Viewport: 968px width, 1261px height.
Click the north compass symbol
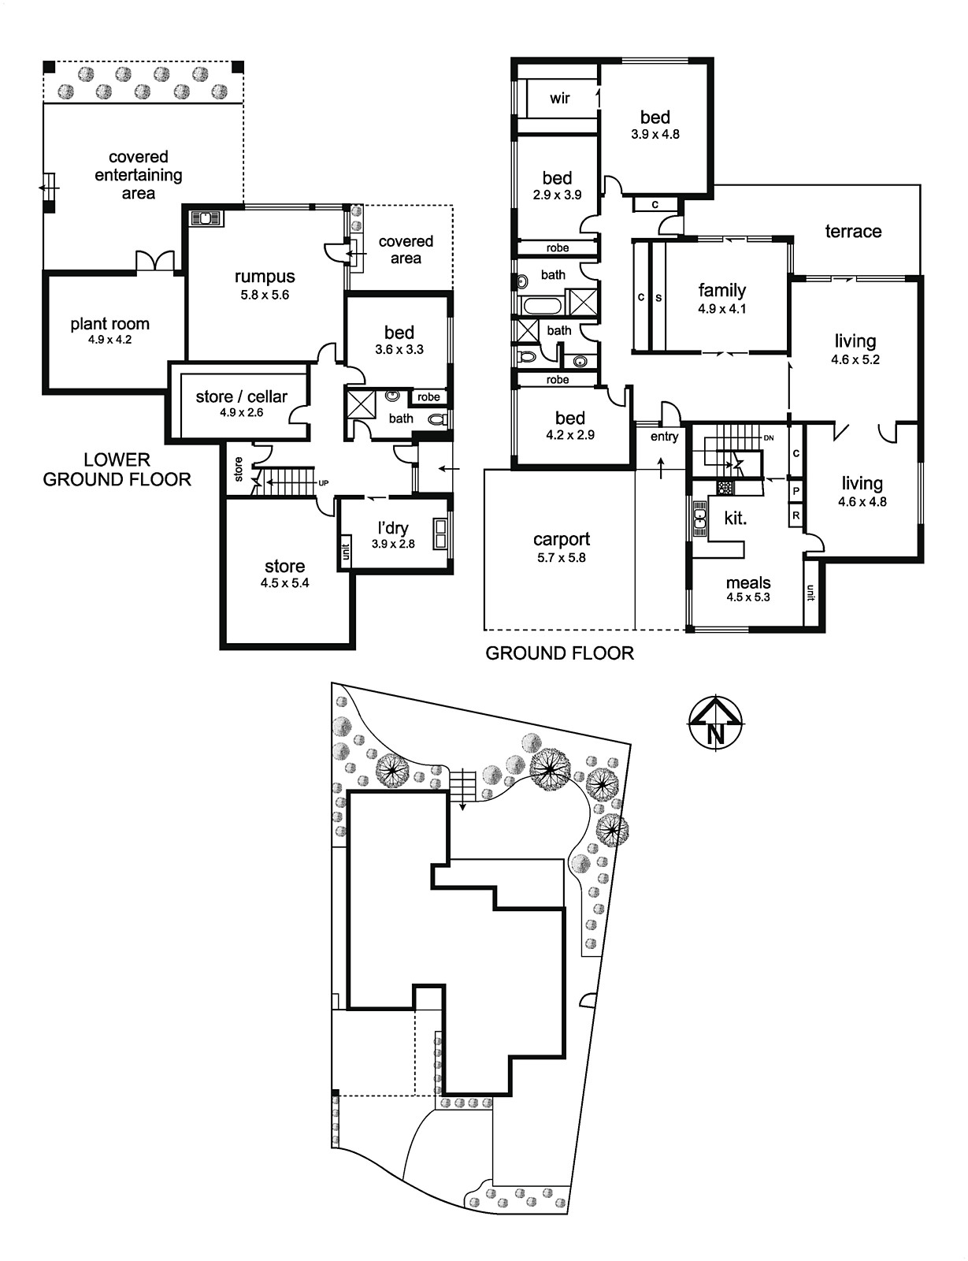716,723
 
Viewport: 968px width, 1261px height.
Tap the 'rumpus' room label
265,277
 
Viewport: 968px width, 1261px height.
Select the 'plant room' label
109,324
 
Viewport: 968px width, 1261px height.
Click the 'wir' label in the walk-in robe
560,98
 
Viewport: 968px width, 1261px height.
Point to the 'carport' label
562,540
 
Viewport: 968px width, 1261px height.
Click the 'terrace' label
853,232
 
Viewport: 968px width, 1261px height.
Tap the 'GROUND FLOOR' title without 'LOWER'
560,653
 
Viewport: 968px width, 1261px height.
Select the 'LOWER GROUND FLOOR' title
117,470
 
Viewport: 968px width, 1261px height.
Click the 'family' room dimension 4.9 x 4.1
722,309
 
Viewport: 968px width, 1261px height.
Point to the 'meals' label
748,582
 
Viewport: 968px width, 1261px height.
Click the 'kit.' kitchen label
736,518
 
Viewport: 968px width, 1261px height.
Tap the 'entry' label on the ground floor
664,437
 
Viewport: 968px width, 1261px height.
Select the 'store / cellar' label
241,397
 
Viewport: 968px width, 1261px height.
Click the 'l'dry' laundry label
393,528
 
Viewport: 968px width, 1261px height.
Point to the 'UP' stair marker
324,483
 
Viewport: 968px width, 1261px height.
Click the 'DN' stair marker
769,438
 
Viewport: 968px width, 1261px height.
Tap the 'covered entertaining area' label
139,175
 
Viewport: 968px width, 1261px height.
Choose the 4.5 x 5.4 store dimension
285,583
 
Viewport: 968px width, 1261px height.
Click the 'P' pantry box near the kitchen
796,492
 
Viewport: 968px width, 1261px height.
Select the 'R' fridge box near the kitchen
796,515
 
